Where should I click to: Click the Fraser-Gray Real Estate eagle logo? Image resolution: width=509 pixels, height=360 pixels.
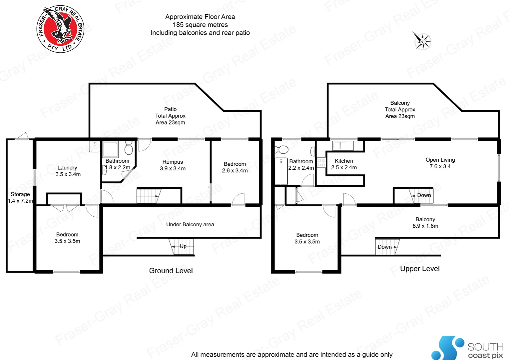(x=60, y=29)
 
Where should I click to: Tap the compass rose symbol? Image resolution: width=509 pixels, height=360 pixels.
(x=422, y=41)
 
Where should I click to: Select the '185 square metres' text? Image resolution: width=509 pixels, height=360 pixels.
(x=200, y=25)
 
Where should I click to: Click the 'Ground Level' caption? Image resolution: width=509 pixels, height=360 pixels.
(x=171, y=271)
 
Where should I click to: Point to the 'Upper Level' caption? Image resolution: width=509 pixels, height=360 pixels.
(x=420, y=269)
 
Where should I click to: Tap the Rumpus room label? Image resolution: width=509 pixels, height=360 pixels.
(x=173, y=165)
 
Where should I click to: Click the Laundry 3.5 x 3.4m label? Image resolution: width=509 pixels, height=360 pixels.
(x=68, y=171)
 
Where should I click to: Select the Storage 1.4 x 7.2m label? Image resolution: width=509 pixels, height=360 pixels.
(x=20, y=197)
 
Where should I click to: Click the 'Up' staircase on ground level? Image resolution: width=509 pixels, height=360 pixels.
(x=182, y=246)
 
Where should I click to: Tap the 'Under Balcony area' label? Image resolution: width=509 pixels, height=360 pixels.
(x=190, y=224)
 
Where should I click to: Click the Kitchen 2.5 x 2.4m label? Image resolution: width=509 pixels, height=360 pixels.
(x=344, y=164)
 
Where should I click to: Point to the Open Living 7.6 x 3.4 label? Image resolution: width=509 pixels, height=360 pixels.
(x=440, y=163)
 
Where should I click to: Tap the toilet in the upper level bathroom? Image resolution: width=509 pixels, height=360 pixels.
(x=282, y=149)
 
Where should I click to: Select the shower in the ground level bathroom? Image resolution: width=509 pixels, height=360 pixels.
(x=110, y=149)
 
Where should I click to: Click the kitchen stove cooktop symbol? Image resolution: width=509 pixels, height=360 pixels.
(x=321, y=163)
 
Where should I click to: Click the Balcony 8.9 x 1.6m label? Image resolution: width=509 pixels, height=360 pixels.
(x=425, y=223)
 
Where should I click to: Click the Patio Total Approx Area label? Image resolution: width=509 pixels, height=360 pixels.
(x=170, y=116)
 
